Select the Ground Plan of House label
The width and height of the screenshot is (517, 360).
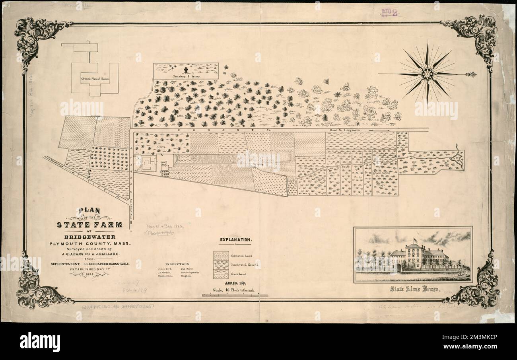click(x=95, y=79)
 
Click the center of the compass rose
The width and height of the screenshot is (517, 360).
click(x=427, y=74)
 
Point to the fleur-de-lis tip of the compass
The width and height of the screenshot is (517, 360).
click(x=472, y=74)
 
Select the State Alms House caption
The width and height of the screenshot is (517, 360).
click(x=414, y=290)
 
